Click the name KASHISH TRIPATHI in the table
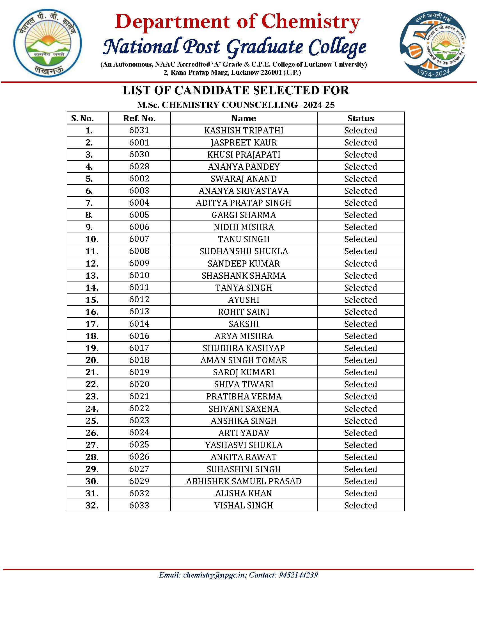point(244,130)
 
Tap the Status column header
point(360,118)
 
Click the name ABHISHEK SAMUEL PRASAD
point(244,481)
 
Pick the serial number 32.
point(91,505)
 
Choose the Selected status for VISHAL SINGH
point(360,505)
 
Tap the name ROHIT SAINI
point(244,312)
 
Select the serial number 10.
point(91,239)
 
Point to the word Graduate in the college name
point(265,47)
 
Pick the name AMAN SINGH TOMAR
point(244,360)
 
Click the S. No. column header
point(82,118)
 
